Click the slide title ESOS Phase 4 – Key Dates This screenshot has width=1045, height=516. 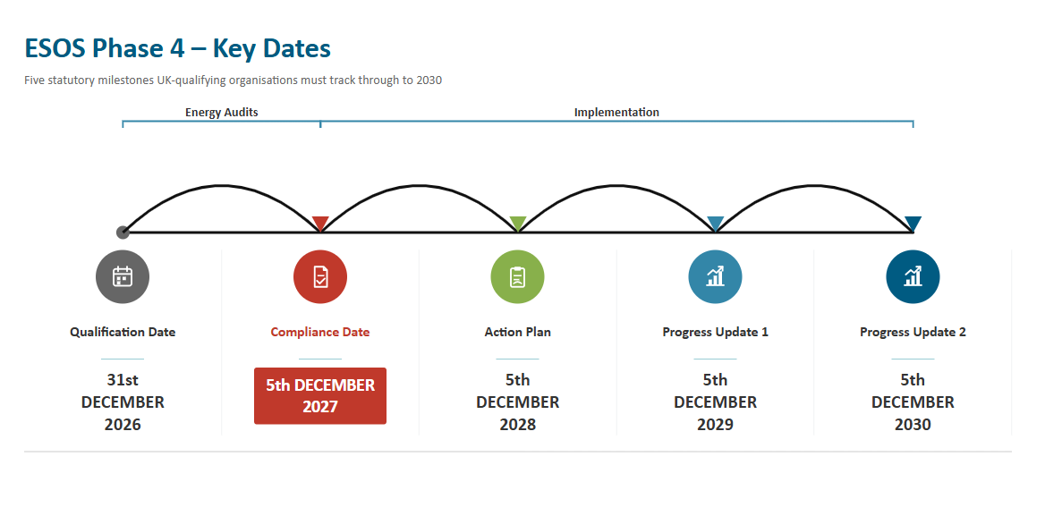pos(177,48)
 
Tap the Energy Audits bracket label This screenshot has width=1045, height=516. pos(221,112)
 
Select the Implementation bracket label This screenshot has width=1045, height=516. pos(616,112)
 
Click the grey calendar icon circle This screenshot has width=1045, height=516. pos(123,276)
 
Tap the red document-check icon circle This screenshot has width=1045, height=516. pos(320,276)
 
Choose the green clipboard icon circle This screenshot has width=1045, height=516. pos(518,276)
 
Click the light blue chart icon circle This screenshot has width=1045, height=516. pos(715,276)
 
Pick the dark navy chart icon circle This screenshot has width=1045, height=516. pos(913,276)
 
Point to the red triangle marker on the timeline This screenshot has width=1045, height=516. pos(320,223)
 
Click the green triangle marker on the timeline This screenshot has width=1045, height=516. pos(518,223)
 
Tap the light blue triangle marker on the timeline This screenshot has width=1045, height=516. pos(715,223)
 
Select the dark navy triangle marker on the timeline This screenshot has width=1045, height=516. pos(913,223)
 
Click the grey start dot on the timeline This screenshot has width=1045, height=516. pos(123,233)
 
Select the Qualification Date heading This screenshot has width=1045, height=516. pos(123,332)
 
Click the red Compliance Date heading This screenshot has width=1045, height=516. pos(320,332)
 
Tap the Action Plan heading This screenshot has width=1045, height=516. pos(518,332)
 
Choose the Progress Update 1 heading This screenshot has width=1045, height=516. pos(715,332)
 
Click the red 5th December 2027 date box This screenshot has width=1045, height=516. pos(320,395)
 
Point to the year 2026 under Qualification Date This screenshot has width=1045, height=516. pos(123,425)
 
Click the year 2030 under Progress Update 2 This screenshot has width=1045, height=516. pos(913,425)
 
